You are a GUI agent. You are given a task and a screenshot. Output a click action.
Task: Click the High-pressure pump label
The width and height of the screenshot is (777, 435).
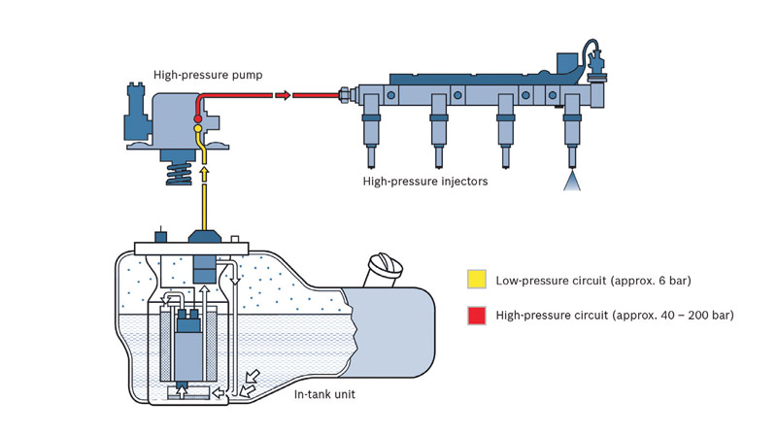click(x=208, y=75)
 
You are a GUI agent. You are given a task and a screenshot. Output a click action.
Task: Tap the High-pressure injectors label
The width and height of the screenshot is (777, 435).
click(x=425, y=182)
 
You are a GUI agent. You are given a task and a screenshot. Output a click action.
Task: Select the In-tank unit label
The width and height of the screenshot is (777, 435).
click(x=324, y=394)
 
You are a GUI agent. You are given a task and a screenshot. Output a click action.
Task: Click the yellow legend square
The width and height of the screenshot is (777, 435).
click(x=477, y=279)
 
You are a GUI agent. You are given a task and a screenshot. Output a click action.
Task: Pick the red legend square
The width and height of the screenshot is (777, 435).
click(x=477, y=316)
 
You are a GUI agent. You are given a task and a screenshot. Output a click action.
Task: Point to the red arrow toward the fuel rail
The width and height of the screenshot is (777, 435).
click(x=283, y=95)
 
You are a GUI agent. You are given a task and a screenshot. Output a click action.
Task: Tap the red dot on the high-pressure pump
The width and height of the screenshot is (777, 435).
click(x=198, y=118)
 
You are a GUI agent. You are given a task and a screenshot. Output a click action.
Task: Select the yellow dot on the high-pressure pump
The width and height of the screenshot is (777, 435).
click(x=198, y=129)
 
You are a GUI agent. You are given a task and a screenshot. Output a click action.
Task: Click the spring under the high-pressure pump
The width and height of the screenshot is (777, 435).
click(x=179, y=174)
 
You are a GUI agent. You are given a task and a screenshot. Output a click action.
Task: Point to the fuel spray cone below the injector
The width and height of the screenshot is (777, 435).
click(x=571, y=181)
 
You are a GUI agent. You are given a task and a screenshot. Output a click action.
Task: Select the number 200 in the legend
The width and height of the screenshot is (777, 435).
click(x=698, y=316)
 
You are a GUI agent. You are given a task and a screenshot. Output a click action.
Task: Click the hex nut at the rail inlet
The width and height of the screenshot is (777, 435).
click(x=344, y=94)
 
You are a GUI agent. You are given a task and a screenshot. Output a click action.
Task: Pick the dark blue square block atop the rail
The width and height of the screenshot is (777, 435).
click(x=567, y=63)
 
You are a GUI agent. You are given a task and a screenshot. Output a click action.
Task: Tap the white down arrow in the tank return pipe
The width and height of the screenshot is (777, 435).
click(x=235, y=281)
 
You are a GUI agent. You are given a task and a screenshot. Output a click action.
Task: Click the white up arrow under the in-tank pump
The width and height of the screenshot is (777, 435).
click(x=182, y=392)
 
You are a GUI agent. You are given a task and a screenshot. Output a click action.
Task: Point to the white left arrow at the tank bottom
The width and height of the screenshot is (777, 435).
click(x=218, y=393)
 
